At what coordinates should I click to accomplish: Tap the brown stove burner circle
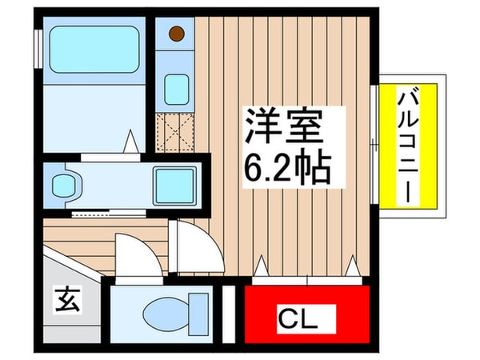176,34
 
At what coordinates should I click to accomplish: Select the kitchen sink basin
176,89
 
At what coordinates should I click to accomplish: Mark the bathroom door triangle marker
132,143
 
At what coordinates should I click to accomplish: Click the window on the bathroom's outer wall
37,48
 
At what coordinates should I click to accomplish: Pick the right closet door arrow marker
352,265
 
